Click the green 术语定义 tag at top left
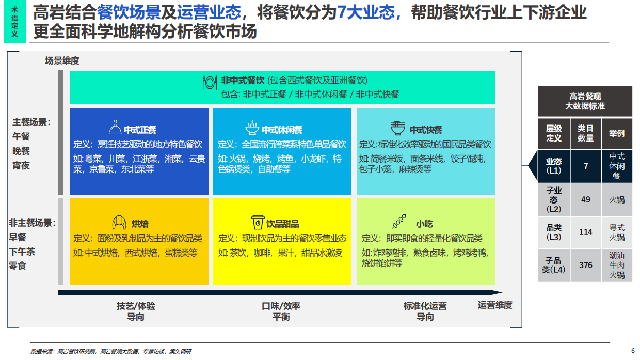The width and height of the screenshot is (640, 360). (x=14, y=22)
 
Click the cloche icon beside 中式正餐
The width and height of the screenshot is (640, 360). (x=115, y=128)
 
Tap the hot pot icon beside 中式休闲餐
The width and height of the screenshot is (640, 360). (x=252, y=128)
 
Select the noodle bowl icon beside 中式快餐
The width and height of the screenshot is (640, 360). (x=398, y=128)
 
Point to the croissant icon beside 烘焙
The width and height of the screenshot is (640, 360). (x=119, y=223)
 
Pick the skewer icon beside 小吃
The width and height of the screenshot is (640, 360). (x=399, y=223)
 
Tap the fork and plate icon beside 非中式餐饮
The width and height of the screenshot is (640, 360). (x=210, y=82)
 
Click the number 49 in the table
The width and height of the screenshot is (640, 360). (x=585, y=199)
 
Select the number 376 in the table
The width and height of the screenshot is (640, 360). (x=585, y=265)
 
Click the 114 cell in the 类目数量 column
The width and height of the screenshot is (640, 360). (x=585, y=232)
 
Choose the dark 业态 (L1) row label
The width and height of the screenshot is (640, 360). (x=554, y=166)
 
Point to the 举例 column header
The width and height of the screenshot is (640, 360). (x=616, y=133)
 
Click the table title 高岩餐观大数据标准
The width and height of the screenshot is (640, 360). (x=585, y=101)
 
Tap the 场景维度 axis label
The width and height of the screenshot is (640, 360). (x=62, y=61)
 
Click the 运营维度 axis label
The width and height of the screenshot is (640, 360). (x=494, y=305)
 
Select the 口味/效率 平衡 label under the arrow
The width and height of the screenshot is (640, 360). (x=281, y=311)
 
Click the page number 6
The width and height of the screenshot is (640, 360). (x=633, y=350)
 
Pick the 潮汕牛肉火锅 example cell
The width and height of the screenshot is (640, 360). (x=616, y=265)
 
